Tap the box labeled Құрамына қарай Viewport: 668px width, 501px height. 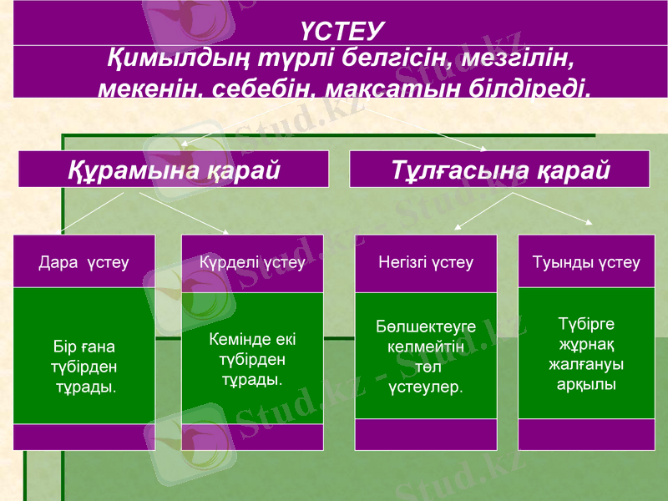(x=173, y=170)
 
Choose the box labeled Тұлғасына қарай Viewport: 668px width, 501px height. (x=499, y=170)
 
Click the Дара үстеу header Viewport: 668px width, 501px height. (x=83, y=262)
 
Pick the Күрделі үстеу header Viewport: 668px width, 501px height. (x=252, y=262)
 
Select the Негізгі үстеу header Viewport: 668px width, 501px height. (x=426, y=262)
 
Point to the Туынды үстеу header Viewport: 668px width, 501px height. (x=586, y=262)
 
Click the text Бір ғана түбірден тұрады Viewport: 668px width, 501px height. (x=83, y=367)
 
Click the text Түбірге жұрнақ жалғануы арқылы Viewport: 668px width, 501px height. (x=586, y=354)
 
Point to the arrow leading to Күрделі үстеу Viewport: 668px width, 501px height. (x=183, y=212)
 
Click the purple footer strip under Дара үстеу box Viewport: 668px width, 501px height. (x=83, y=437)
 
